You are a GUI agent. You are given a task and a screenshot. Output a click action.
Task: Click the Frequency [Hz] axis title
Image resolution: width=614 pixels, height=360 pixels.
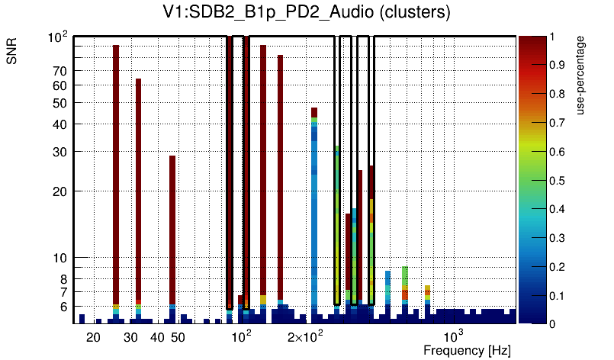(x=467, y=350)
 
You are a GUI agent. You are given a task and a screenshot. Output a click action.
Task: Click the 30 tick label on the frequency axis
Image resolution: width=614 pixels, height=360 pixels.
(x=130, y=337)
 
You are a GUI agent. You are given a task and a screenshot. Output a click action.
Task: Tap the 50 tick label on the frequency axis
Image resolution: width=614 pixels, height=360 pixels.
(x=177, y=337)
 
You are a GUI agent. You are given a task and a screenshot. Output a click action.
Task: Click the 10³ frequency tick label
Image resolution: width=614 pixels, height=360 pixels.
(x=454, y=336)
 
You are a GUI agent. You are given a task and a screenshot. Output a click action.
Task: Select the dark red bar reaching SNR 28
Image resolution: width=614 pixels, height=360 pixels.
(x=172, y=229)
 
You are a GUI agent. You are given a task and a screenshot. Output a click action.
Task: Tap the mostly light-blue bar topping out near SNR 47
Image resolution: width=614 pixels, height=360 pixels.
(x=313, y=214)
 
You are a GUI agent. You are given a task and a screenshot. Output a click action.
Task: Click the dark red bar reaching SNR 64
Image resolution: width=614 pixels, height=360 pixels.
(x=138, y=191)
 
